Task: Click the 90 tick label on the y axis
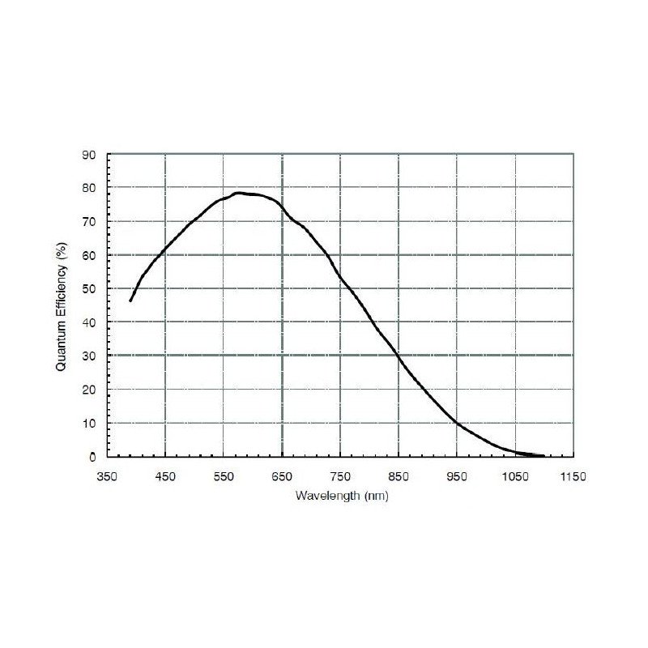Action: click(90, 154)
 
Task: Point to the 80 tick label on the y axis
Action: click(90, 188)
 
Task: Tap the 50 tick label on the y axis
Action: click(90, 288)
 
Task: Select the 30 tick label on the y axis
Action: click(90, 356)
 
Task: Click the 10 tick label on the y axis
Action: click(90, 423)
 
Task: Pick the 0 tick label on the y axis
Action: click(93, 457)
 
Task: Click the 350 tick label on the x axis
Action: click(107, 477)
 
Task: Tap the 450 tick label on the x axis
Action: click(165, 477)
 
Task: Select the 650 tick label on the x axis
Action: click(282, 477)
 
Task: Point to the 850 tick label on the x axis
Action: click(399, 477)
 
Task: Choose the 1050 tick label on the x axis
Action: click(514, 477)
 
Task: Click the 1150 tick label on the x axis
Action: click(573, 477)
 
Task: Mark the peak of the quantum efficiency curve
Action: click(239, 193)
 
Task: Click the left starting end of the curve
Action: click(130, 301)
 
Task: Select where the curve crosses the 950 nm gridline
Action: click(457, 423)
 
